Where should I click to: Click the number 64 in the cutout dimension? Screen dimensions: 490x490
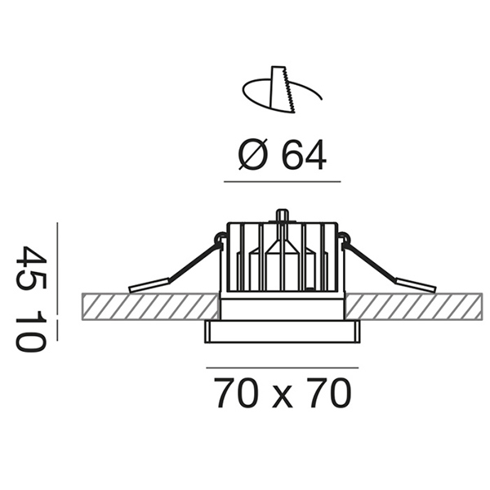[304, 155]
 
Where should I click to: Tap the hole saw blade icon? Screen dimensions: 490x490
[282, 89]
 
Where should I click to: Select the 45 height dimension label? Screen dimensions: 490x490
[31, 267]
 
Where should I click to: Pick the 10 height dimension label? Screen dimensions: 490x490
[31, 332]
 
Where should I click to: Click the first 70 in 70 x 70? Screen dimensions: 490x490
[237, 393]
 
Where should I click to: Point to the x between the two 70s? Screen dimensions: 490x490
[283, 397]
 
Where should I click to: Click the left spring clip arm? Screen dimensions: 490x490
[175, 268]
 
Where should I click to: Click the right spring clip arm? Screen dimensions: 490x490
[389, 268]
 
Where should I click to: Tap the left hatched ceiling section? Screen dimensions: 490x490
[150, 306]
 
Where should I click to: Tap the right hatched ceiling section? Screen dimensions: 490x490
[414, 306]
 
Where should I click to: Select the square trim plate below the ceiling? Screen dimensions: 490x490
[283, 332]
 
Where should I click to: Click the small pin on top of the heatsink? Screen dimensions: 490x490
[283, 216]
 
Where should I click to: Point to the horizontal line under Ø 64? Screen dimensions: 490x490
[283, 181]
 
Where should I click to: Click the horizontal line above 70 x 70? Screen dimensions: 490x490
[283, 367]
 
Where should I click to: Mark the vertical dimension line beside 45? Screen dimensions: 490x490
[57, 268]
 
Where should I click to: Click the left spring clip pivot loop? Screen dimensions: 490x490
[220, 238]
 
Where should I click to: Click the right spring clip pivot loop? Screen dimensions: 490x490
[345, 238]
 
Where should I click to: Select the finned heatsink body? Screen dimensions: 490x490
[283, 257]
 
